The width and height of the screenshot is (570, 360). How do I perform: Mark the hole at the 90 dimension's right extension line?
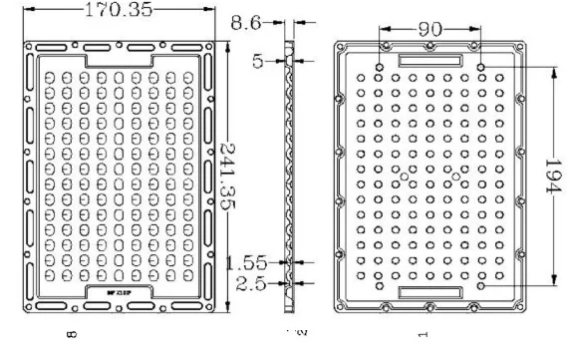(481, 67)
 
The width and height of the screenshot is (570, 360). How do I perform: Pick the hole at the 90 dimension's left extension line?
(381, 67)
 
